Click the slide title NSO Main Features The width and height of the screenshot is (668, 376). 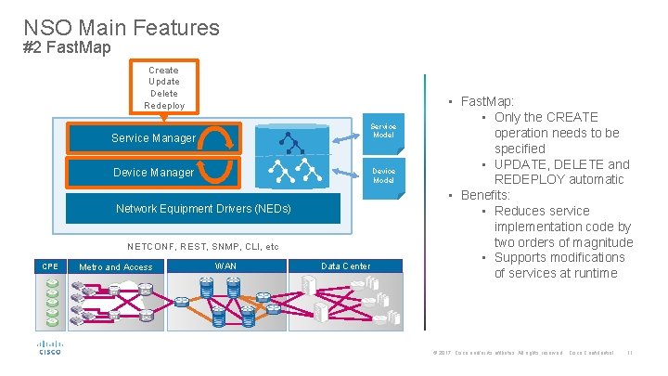pos(122,27)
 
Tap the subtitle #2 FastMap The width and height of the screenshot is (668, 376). pos(67,47)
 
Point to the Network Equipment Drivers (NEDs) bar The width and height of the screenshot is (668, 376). pos(203,209)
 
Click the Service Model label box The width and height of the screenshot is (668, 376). pos(383,131)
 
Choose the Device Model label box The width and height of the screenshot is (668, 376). pos(383,175)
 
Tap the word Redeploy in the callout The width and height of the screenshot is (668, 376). pos(164,105)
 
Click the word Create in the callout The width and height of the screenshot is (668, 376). pos(163,70)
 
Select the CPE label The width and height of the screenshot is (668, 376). pos(50,266)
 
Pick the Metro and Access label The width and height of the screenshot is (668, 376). pos(116,267)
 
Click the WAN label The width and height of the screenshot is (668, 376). pos(225,266)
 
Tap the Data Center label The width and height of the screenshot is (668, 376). pos(345,266)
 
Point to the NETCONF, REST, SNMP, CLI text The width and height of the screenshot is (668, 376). pos(202,247)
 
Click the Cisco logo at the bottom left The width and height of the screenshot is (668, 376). pos(49,349)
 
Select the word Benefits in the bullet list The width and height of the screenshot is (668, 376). pos(485,195)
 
